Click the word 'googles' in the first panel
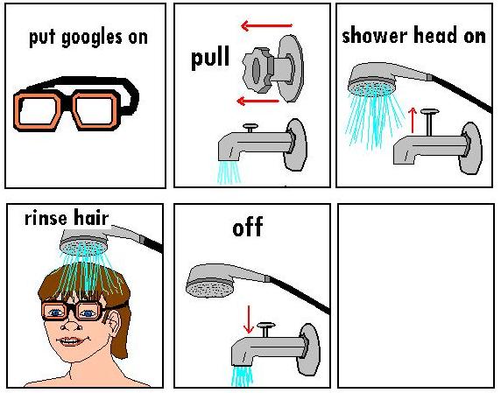[91, 39]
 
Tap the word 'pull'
[210, 58]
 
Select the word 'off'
[248, 227]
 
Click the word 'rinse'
[46, 218]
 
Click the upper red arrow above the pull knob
[266, 25]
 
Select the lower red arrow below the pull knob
[258, 102]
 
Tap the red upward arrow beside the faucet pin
[413, 120]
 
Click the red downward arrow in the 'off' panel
[248, 319]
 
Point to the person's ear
[114, 321]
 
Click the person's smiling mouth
[71, 341]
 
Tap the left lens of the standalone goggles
[37, 110]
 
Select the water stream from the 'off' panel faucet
[242, 376]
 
